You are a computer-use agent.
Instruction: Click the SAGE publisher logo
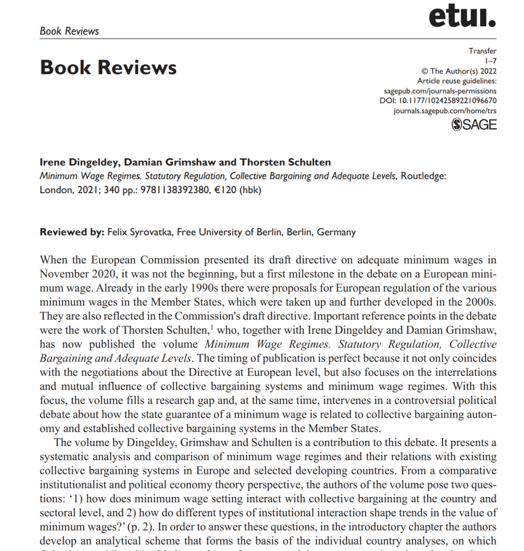pyautogui.click(x=474, y=124)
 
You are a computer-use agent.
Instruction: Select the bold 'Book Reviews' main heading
pyautogui.click(x=108, y=68)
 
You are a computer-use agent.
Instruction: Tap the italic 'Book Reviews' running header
pyautogui.click(x=69, y=31)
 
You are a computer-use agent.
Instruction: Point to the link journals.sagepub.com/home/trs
pyautogui.click(x=445, y=111)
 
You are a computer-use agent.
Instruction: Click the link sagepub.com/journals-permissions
pyautogui.click(x=447, y=91)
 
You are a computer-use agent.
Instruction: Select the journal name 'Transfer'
pyautogui.click(x=483, y=51)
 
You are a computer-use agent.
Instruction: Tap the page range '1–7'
pyautogui.click(x=491, y=61)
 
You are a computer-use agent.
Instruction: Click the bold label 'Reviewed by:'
pyautogui.click(x=72, y=232)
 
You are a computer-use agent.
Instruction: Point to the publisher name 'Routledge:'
pyautogui.click(x=423, y=176)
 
